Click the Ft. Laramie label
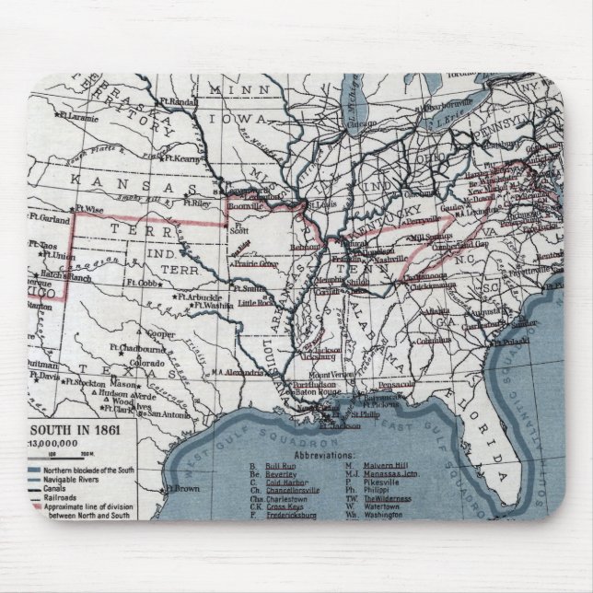pos(80,118)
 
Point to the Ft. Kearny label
pos(191,159)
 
